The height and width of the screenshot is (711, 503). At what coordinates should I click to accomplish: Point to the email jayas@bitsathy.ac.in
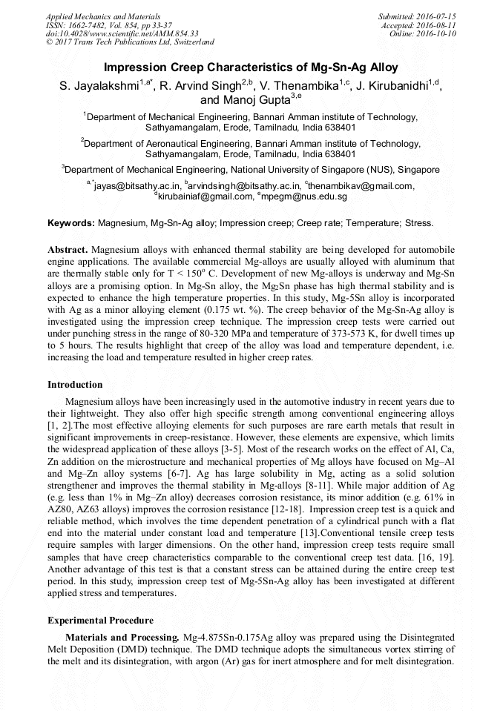pyautogui.click(x=134, y=186)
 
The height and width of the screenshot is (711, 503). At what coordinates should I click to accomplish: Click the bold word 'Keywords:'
pyautogui.click(x=71, y=222)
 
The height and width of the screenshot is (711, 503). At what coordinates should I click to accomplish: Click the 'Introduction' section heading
pyautogui.click(x=75, y=385)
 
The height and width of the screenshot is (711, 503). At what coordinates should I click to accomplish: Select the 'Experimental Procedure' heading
pyautogui.click(x=100, y=621)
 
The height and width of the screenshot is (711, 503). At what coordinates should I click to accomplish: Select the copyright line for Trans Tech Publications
pyautogui.click(x=130, y=42)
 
